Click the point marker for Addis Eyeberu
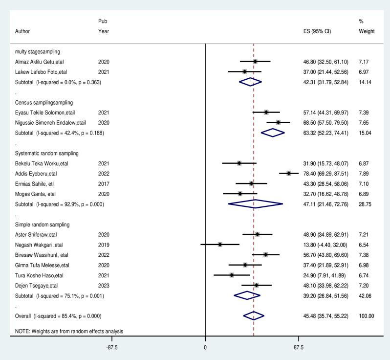pyautogui.click(x=289, y=173)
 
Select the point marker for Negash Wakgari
pyautogui.click(x=220, y=244)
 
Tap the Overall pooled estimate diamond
pyautogui.click(x=254, y=316)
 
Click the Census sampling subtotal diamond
pyautogui.click(x=273, y=133)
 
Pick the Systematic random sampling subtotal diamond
pyautogui.click(x=255, y=204)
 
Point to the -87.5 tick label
pyautogui.click(x=111, y=347)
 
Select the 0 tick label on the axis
pyautogui.click(x=205, y=347)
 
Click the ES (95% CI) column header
pyautogui.click(x=317, y=31)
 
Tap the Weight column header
pyautogui.click(x=366, y=31)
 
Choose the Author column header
pyautogui.click(x=22, y=31)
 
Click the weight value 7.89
pyautogui.click(x=364, y=173)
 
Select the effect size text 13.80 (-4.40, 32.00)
pyautogui.click(x=327, y=244)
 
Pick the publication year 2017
pyautogui.click(x=104, y=183)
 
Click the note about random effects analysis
pyautogui.click(x=69, y=331)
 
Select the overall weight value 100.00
pyautogui.click(x=366, y=316)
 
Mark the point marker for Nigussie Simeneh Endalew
pyautogui.click(x=278, y=122)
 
